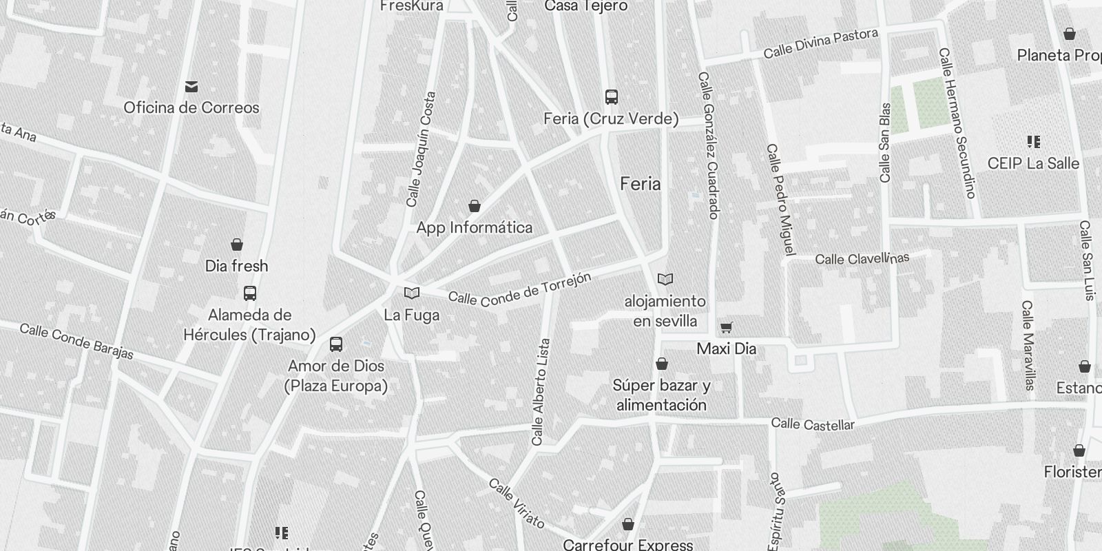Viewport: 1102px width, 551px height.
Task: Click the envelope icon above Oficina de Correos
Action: [191, 87]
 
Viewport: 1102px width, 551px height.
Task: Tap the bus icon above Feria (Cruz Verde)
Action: [611, 96]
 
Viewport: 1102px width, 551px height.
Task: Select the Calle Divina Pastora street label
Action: [820, 43]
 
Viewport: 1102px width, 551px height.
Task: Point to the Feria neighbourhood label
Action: [640, 184]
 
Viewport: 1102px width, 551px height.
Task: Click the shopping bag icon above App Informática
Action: [475, 206]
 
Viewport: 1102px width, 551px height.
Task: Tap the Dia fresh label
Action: [236, 266]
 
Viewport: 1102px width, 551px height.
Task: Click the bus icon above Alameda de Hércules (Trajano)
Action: [250, 293]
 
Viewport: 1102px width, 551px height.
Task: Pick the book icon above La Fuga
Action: [412, 293]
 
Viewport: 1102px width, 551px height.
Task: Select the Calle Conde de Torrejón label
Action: [519, 289]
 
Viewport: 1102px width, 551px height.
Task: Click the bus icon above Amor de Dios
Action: [336, 344]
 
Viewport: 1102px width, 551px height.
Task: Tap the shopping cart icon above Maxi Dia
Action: [726, 327]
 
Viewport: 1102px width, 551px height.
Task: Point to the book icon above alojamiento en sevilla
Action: [665, 279]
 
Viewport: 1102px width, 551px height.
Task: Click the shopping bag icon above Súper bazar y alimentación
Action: [662, 364]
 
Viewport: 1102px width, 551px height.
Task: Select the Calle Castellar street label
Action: [813, 424]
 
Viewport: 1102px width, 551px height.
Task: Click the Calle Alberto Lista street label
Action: [541, 391]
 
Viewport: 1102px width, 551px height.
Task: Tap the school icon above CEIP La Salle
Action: [1033, 142]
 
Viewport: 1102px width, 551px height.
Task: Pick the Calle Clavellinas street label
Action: [862, 259]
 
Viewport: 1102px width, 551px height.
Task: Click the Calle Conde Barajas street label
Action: [76, 341]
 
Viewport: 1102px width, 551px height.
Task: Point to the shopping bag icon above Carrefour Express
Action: [627, 525]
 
